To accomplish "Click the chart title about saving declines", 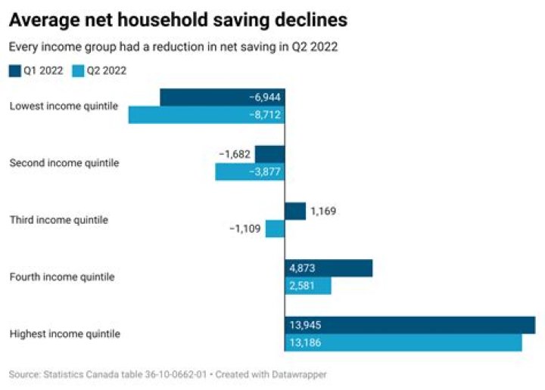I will pos(178,18).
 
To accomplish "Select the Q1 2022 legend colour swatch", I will pos(14,71).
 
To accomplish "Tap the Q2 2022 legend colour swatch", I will pos(77,71).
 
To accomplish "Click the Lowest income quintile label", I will pos(64,106).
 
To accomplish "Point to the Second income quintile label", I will pos(64,162).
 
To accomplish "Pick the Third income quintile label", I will pos(58,220).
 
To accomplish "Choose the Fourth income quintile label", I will pos(62,277).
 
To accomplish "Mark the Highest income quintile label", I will pos(64,333).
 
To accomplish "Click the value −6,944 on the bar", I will pos(265,97).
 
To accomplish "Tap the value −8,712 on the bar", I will pos(265,116).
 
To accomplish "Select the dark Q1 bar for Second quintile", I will pos(269,154).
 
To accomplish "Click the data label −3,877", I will pos(265,172).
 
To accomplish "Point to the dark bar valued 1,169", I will pos(295,211).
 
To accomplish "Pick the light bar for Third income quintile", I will pos(275,229).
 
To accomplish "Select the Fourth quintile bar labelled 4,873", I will pos(329,268).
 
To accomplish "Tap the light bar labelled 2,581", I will pos(308,286).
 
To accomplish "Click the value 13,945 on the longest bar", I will pos(304,325).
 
